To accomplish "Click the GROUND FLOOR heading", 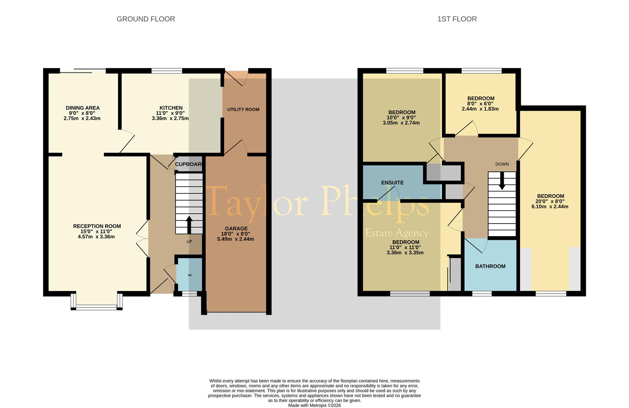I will pyautogui.click(x=146, y=19).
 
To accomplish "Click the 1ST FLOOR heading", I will pyautogui.click(x=457, y=19).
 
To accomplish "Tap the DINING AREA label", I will pyautogui.click(x=83, y=108).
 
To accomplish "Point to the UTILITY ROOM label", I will pyautogui.click(x=243, y=110).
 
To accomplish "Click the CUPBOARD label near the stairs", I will pyautogui.click(x=188, y=164).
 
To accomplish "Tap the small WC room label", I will pyautogui.click(x=190, y=275).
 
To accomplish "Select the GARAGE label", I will pyautogui.click(x=236, y=229).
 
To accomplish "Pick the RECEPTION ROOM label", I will pyautogui.click(x=97, y=226).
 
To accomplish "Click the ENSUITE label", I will pyautogui.click(x=392, y=182).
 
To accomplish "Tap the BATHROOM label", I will pyautogui.click(x=490, y=266).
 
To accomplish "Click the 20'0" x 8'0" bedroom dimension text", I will pyautogui.click(x=550, y=201).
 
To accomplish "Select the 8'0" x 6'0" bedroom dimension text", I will pyautogui.click(x=480, y=104).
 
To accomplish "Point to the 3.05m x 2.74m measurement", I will pyautogui.click(x=401, y=123).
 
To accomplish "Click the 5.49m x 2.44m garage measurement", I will pyautogui.click(x=235, y=239).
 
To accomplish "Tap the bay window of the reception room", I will pyautogui.click(x=97, y=307).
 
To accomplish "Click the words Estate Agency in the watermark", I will pyautogui.click(x=397, y=233).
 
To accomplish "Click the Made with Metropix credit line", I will pyautogui.click(x=314, y=405).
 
